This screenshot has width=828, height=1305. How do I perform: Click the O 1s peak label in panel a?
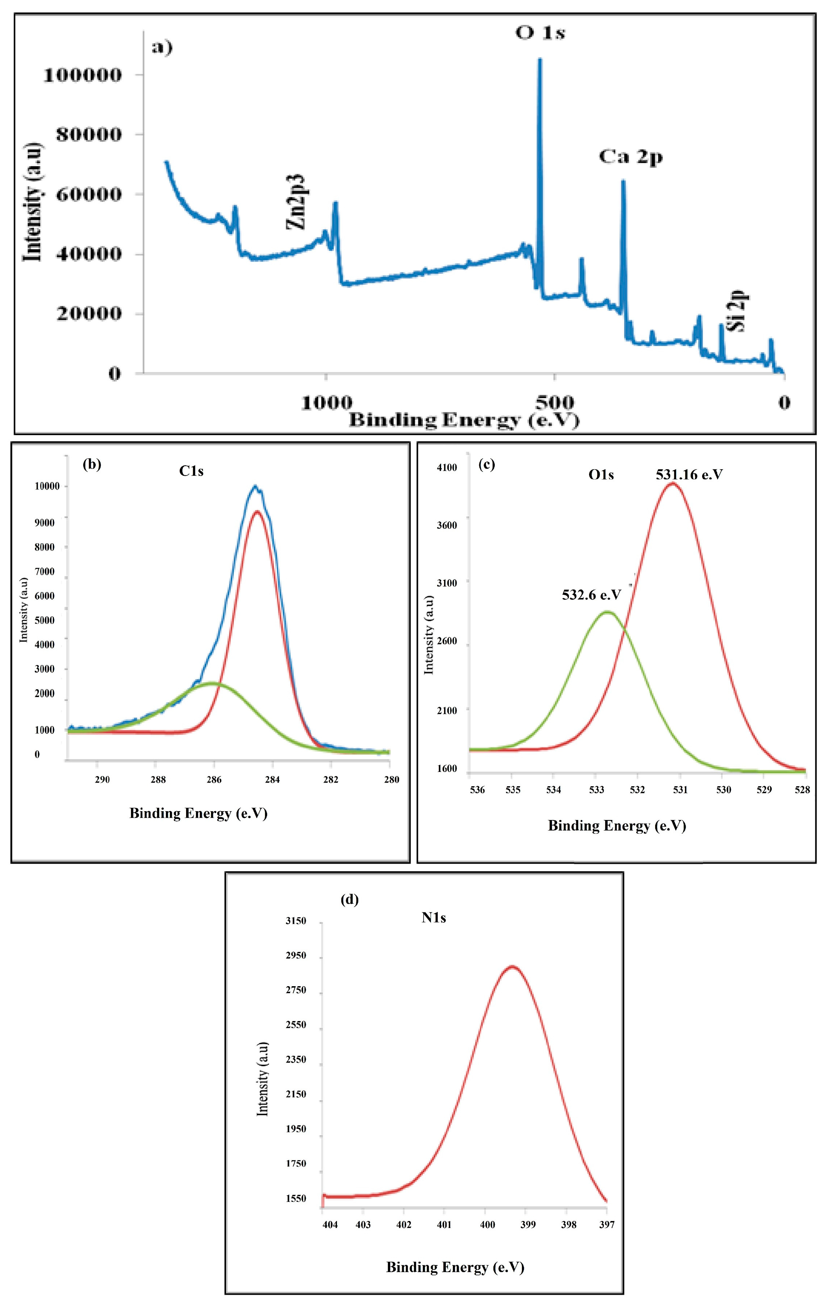pos(540,33)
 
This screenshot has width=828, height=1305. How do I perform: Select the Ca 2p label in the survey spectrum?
pos(631,157)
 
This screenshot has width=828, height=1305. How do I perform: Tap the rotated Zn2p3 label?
pos(297,202)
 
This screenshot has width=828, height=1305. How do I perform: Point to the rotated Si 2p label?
pos(738,311)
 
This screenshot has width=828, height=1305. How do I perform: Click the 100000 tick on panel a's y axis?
pos(83,75)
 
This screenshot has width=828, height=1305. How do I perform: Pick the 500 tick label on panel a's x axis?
pos(554,403)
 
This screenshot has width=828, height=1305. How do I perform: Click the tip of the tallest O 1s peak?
pos(540,59)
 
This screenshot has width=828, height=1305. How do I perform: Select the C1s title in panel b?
pos(192,471)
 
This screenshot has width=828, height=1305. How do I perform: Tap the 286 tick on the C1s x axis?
pos(214,779)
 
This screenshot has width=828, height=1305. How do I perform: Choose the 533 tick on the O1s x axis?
pos(596,790)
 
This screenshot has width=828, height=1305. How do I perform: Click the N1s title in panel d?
pos(434,918)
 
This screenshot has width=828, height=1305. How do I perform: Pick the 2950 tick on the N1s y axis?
pos(296,955)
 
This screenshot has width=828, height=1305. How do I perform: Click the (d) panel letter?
pos(349,900)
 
